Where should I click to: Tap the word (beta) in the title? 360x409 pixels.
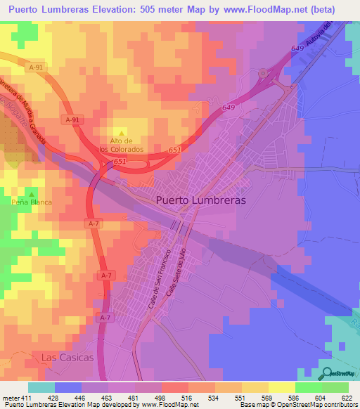tap(318, 9)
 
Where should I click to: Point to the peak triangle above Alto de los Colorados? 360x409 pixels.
tap(121, 133)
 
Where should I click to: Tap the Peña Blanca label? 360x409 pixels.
tap(32, 201)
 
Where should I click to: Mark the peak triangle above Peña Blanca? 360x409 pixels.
tap(31, 191)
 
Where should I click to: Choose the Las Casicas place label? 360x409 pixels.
tap(67, 357)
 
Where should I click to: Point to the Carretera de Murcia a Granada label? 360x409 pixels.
tap(27, 107)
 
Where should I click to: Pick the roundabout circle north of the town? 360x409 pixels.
tap(264, 72)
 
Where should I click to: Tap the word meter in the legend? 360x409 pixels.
tap(9, 398)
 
